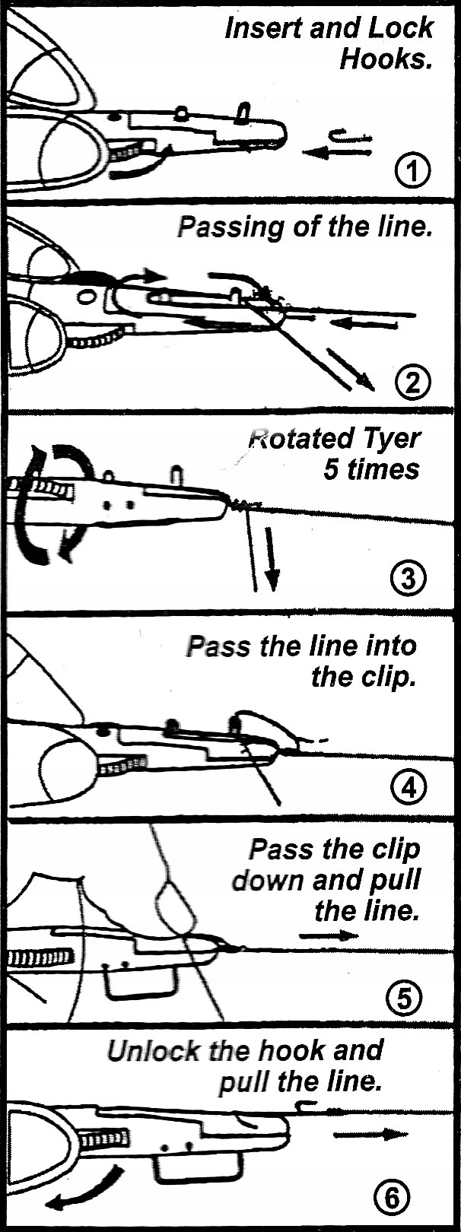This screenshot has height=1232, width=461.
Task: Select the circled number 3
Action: pyautogui.click(x=408, y=579)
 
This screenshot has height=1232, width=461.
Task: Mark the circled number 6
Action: pyautogui.click(x=392, y=1199)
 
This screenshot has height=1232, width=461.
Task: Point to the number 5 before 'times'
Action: pyautogui.click(x=331, y=469)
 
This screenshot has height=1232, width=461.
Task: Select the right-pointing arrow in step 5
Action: pyautogui.click(x=328, y=935)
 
